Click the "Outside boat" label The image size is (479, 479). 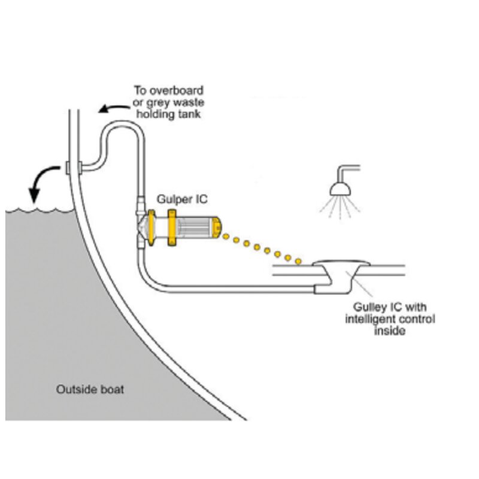coord(90,390)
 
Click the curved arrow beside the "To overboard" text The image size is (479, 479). coord(114,108)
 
